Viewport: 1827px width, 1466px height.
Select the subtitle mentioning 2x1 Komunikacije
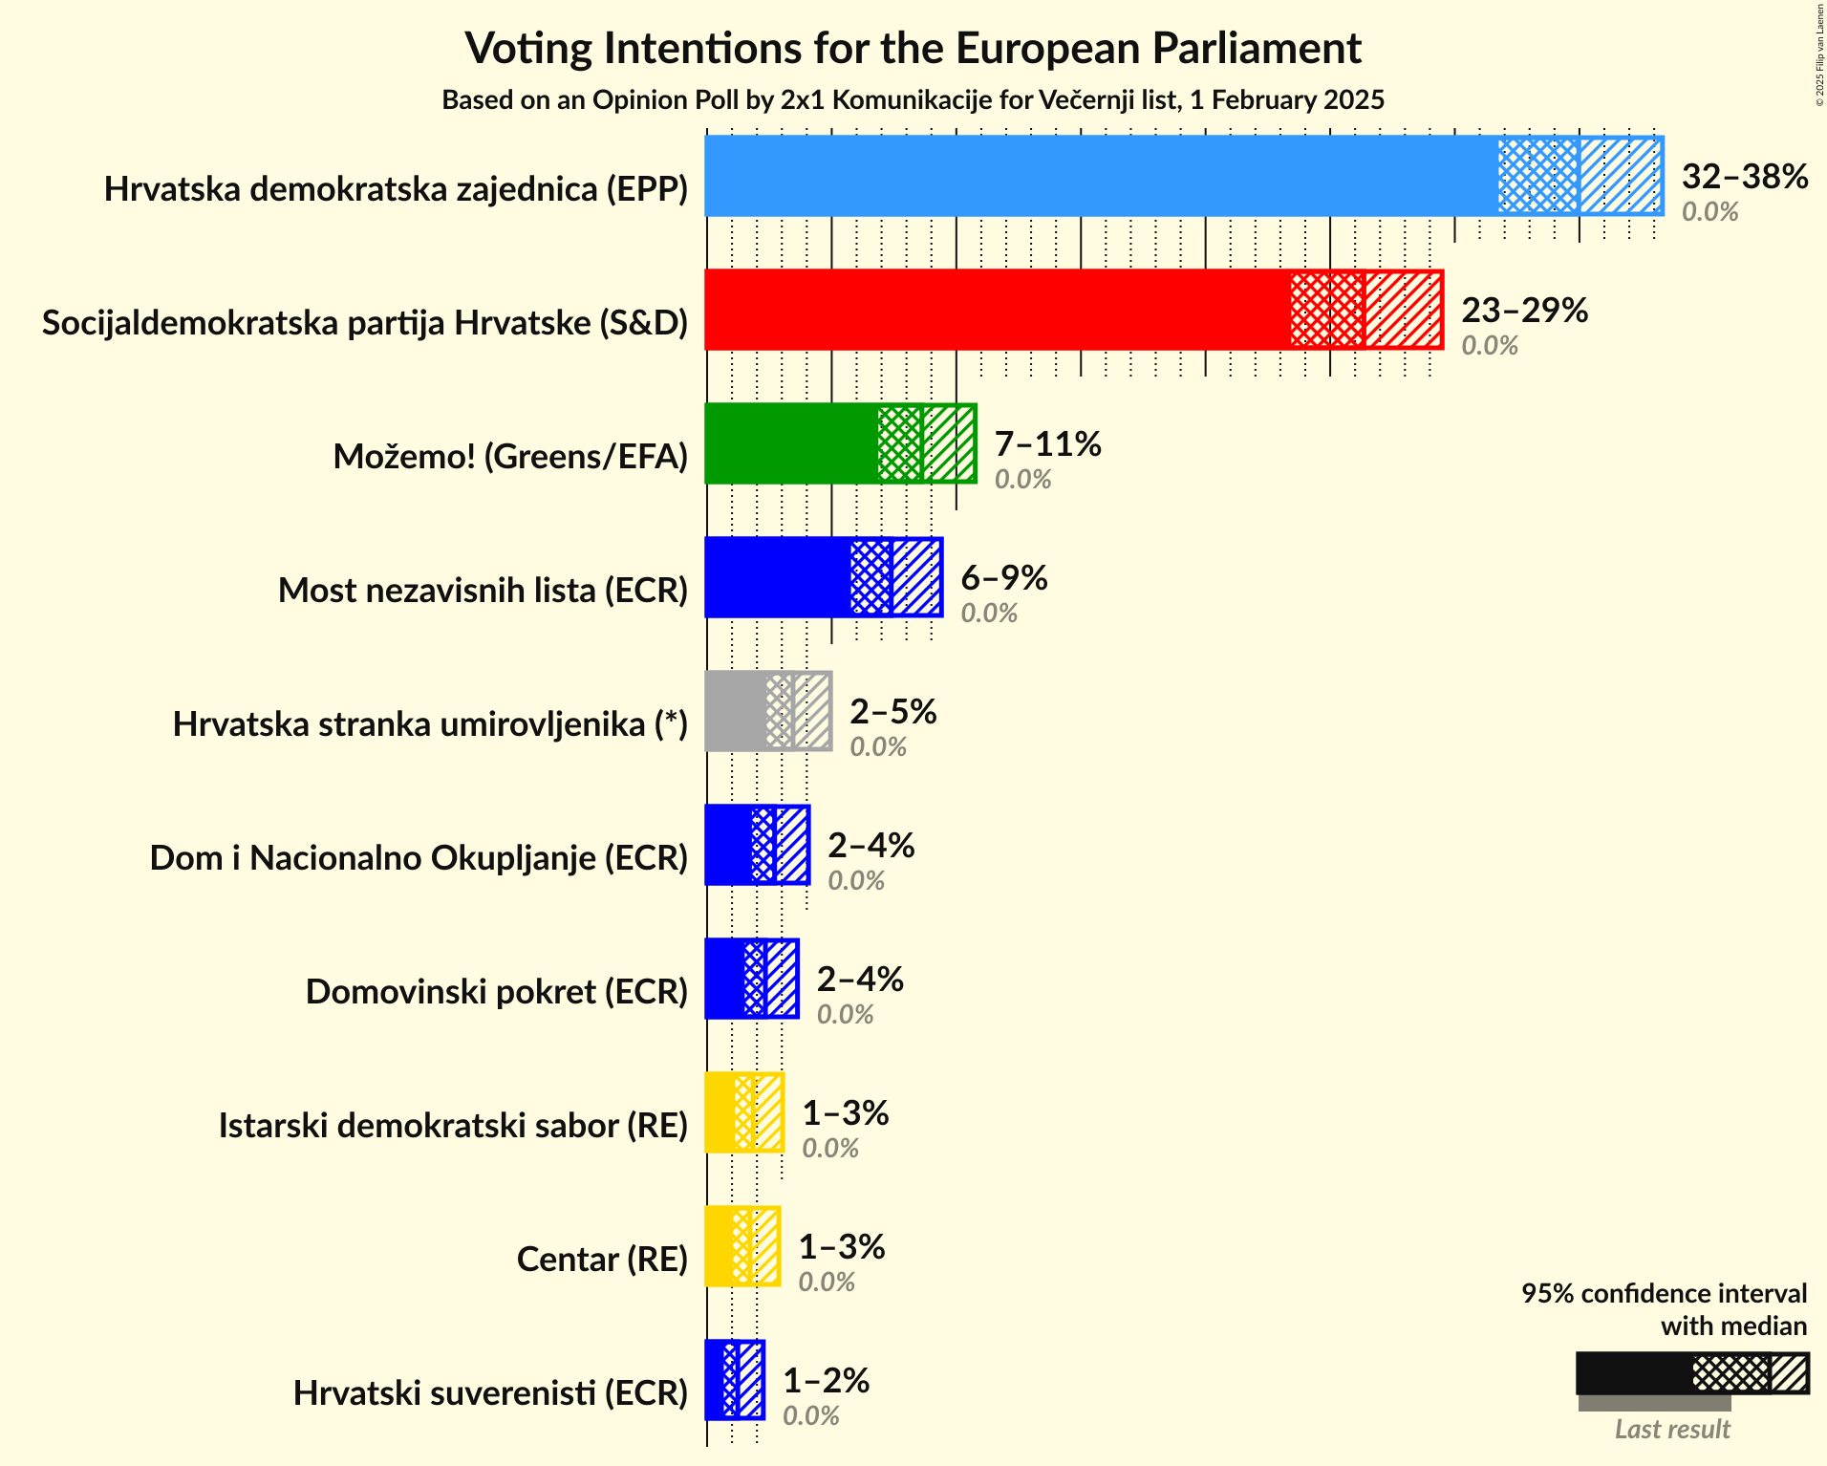913,100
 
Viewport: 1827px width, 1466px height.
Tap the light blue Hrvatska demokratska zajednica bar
1099,176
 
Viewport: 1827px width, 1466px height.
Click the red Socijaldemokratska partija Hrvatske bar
994,310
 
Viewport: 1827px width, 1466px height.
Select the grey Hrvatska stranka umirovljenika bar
736,711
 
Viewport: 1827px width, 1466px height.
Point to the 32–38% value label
1744,177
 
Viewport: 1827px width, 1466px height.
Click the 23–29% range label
1524,311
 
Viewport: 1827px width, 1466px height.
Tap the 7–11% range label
1047,444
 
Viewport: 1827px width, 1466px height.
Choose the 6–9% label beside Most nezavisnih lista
1003,578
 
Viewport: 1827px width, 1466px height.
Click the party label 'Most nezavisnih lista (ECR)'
483,591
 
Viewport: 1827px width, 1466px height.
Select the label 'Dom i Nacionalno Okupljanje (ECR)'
419,858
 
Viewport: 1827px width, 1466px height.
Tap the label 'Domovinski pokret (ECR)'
496,992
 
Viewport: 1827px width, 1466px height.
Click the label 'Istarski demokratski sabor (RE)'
453,1126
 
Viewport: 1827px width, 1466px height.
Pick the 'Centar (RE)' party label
602,1260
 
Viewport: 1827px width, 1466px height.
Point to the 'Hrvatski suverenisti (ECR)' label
490,1393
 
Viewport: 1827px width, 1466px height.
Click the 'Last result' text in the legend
1671,1430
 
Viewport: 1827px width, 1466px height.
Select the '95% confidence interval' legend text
1664,1294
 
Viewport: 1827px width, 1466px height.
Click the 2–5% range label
892,712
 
